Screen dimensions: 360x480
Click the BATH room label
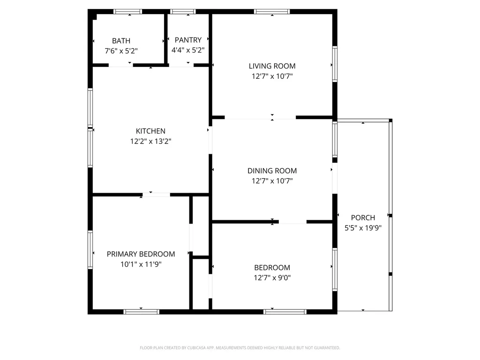pyautogui.click(x=121, y=41)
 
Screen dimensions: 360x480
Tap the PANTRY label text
pyautogui.click(x=188, y=40)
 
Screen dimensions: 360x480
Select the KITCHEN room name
pyautogui.click(x=150, y=131)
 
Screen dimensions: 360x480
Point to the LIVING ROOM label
pyautogui.click(x=272, y=66)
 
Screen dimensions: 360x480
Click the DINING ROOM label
pyautogui.click(x=272, y=171)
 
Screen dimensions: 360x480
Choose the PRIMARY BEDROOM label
pyautogui.click(x=141, y=254)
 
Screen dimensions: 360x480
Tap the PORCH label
pyautogui.click(x=363, y=217)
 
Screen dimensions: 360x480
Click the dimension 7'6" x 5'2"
pyautogui.click(x=121, y=51)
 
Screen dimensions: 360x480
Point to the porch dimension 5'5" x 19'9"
pyautogui.click(x=363, y=228)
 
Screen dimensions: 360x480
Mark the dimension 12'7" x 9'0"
pyautogui.click(x=272, y=278)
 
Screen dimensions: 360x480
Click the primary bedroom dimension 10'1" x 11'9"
pyautogui.click(x=141, y=264)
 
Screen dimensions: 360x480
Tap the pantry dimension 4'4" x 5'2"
pyautogui.click(x=188, y=50)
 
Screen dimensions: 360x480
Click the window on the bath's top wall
pyautogui.click(x=128, y=12)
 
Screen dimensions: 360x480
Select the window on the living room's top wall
pyautogui.click(x=272, y=12)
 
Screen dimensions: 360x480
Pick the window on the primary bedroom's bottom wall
pyautogui.click(x=141, y=311)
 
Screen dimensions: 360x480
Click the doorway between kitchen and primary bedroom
pyautogui.click(x=156, y=194)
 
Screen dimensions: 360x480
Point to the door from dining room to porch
pyautogui.click(x=335, y=178)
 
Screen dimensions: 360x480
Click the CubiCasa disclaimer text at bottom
pyautogui.click(x=240, y=348)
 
